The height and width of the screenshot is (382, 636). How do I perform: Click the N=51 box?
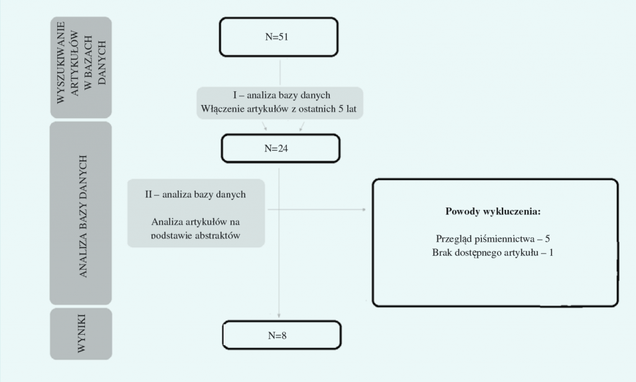[278, 37]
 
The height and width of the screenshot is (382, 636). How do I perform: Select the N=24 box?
[280, 148]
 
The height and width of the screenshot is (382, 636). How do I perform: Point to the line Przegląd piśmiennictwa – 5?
[493, 239]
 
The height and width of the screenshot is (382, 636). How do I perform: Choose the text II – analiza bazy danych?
[195, 194]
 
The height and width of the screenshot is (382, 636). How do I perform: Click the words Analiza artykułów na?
[195, 222]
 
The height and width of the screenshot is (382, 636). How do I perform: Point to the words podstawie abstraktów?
[195, 236]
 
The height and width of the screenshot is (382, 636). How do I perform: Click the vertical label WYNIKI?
[81, 334]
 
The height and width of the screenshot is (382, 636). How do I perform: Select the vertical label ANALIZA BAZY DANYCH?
[81, 214]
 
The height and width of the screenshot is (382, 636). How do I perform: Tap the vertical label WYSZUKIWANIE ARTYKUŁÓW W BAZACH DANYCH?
[81, 66]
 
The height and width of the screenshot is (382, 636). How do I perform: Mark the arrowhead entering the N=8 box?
[280, 316]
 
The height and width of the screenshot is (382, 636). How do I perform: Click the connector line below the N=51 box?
[280, 71]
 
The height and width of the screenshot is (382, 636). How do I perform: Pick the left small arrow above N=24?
[266, 129]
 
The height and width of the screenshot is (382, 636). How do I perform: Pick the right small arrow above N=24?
[301, 129]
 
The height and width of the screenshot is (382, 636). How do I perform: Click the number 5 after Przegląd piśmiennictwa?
[548, 239]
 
